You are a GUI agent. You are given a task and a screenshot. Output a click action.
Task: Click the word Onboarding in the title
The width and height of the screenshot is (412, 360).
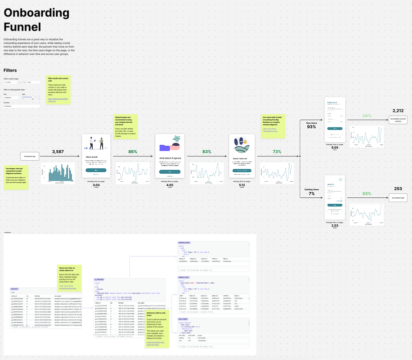point(37,13)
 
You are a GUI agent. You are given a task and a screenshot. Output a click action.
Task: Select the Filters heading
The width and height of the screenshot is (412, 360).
point(10,71)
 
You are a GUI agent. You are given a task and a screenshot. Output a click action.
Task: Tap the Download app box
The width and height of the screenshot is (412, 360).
point(30,157)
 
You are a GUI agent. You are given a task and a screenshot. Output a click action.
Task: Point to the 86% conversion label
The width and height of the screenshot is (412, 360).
point(133,152)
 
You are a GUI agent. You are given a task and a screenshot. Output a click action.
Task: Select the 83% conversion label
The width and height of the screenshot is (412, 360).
point(207,152)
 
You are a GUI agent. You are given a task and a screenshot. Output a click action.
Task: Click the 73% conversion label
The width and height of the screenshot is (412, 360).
point(277,152)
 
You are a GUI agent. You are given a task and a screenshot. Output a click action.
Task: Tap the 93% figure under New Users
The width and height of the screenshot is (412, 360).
point(311,127)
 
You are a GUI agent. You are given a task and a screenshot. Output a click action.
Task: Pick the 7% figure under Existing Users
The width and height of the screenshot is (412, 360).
point(311,194)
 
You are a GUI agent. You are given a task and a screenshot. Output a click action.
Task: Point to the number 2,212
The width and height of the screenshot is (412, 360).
point(398,111)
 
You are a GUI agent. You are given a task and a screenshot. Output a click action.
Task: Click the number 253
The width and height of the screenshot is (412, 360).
point(398,189)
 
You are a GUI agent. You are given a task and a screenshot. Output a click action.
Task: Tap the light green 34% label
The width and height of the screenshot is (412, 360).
point(367,116)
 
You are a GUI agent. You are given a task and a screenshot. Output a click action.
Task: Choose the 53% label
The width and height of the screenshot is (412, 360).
point(367,194)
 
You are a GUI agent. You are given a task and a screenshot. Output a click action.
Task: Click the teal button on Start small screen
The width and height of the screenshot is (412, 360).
point(96,170)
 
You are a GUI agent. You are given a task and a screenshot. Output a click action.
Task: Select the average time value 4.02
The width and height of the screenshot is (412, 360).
point(169,185)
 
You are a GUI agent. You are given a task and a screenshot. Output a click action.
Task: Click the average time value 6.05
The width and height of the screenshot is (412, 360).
point(334,148)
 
